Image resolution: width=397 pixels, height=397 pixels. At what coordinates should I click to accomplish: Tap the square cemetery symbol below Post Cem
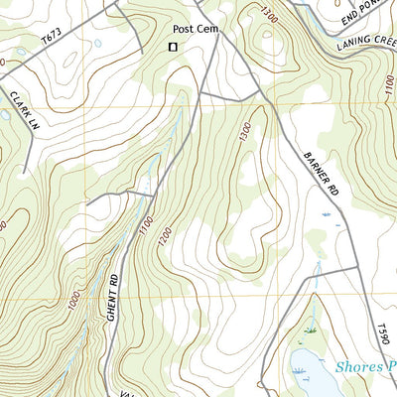pyautogui.click(x=173, y=47)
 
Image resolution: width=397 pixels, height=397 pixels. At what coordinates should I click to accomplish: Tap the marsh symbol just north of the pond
pyautogui.click(x=310, y=329)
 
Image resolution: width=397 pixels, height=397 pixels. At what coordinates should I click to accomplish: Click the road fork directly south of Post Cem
pyautogui.click(x=199, y=95)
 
